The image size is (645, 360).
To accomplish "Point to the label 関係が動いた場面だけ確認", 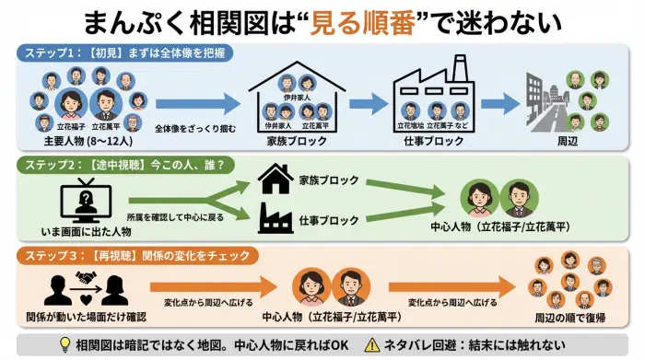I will pyautogui.click(x=82, y=316).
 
